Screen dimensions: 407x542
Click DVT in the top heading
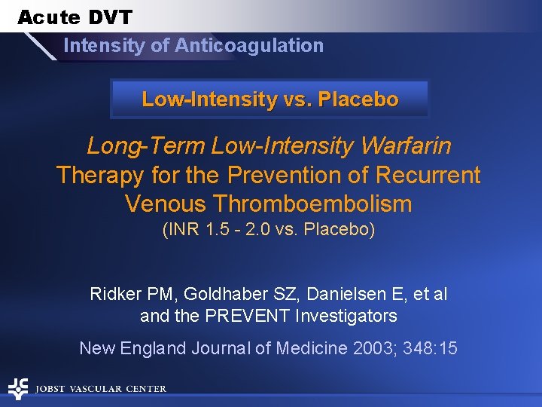109,17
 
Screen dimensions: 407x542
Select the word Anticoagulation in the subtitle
249,45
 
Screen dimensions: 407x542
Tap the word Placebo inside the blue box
358,99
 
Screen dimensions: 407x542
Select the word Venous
166,203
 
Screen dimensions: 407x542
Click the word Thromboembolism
312,203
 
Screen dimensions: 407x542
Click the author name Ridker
115,294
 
